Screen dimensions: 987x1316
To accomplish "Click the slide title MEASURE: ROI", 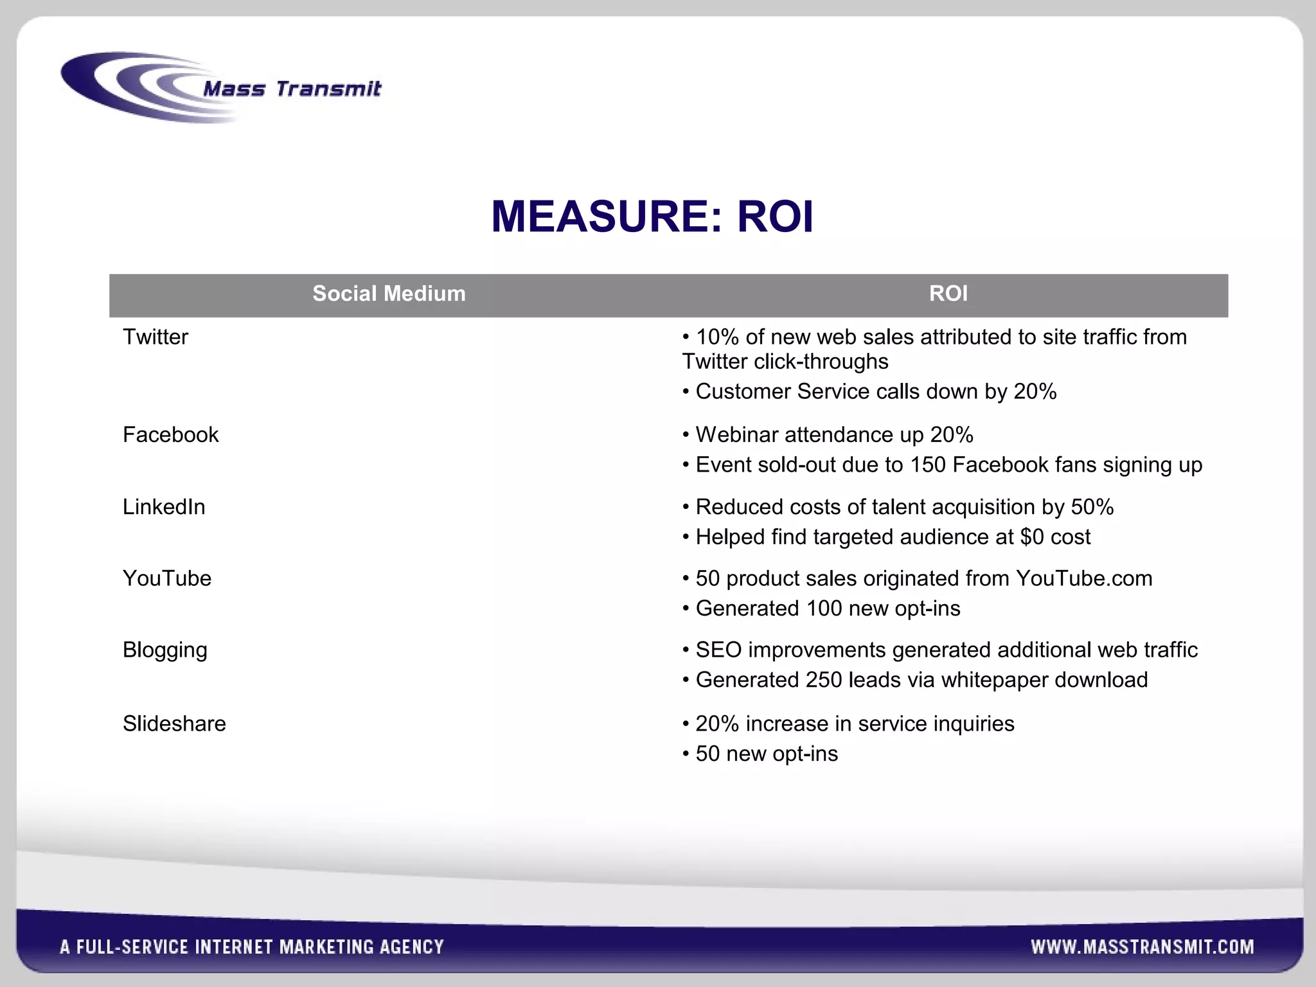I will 652,217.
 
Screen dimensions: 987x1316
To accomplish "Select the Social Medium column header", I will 389,294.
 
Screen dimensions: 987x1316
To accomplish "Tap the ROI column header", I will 948,294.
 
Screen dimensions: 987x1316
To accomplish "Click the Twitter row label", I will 156,337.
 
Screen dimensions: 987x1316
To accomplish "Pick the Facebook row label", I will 171,435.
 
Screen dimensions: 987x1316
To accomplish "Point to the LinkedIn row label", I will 164,507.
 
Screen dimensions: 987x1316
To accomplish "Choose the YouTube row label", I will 167,578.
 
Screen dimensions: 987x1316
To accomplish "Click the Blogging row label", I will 165,650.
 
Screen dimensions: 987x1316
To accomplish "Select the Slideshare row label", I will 174,724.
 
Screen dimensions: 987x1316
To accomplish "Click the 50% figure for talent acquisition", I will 1092,507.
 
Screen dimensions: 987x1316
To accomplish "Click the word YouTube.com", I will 1084,578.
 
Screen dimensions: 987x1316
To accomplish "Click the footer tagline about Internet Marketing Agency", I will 252,947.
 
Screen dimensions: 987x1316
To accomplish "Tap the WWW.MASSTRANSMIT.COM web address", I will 1142,947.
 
